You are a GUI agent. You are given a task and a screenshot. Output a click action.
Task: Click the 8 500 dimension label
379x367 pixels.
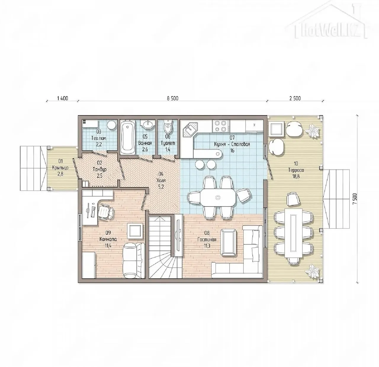pyautogui.click(x=173, y=98)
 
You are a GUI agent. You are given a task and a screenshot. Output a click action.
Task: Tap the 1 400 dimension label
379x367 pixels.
pyautogui.click(x=62, y=98)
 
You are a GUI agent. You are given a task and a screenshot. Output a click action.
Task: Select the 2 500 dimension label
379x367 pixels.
pyautogui.click(x=295, y=98)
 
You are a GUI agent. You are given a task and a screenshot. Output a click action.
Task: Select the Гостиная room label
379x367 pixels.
pyautogui.click(x=207, y=239)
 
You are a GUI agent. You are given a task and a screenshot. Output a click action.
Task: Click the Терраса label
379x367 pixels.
pyautogui.click(x=296, y=170)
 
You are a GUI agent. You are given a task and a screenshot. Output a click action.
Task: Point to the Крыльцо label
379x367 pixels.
pyautogui.click(x=60, y=167)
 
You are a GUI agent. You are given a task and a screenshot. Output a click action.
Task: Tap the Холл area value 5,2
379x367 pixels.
pyautogui.click(x=161, y=187)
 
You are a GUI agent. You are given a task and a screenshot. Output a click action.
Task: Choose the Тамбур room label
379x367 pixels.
pyautogui.click(x=99, y=169)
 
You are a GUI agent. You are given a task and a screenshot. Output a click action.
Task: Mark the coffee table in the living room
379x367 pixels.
pyautogui.click(x=229, y=242)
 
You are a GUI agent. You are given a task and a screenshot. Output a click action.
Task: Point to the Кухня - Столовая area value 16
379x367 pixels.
pyautogui.click(x=232, y=150)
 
